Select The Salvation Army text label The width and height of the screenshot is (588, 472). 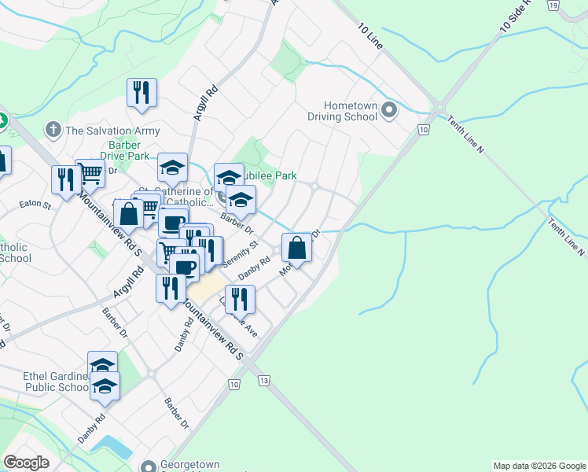coord(112,131)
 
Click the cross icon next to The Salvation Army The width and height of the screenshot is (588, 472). coord(53,129)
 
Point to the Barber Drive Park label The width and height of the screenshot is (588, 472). coord(108,150)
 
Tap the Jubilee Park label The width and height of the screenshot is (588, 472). coord(271,176)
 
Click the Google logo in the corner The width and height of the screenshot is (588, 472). coord(27,463)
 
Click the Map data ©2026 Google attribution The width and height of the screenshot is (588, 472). coord(539,466)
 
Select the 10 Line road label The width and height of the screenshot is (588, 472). coord(369,36)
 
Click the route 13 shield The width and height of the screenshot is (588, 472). coord(263,381)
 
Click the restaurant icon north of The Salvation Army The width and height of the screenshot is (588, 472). coord(141,93)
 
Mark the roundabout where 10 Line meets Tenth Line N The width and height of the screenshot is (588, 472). coord(439,109)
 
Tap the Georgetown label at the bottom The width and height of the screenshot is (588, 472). coord(190,465)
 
